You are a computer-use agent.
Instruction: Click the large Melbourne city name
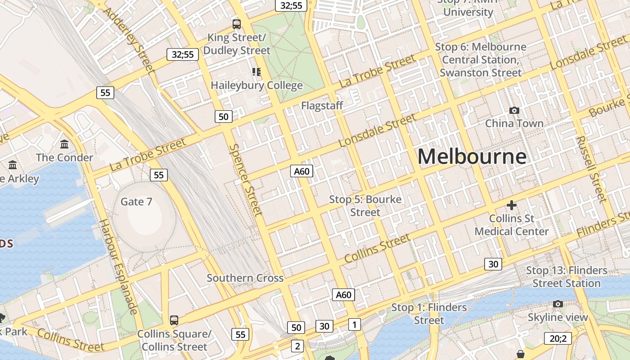[472, 157]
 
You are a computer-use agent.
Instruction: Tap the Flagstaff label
[322, 106]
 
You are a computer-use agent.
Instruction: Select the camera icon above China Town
[514, 110]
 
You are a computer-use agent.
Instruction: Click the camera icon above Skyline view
[558, 304]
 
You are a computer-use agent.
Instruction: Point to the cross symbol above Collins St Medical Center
[512, 206]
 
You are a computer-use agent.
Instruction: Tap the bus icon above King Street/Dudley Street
[236, 24]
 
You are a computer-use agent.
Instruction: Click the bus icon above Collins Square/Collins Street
[174, 320]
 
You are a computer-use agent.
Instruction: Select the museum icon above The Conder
[64, 144]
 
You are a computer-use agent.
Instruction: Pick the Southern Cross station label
[245, 278]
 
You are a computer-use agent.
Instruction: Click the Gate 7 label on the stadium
[136, 202]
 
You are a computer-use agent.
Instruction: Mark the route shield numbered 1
[355, 324]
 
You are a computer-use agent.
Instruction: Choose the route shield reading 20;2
[558, 338]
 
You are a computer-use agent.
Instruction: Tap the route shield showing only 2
[297, 346]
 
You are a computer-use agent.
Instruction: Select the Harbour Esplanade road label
[118, 266]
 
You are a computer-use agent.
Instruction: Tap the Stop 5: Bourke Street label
[365, 206]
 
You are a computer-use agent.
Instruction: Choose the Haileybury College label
[256, 85]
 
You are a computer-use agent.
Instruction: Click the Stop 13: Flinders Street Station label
[567, 277]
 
